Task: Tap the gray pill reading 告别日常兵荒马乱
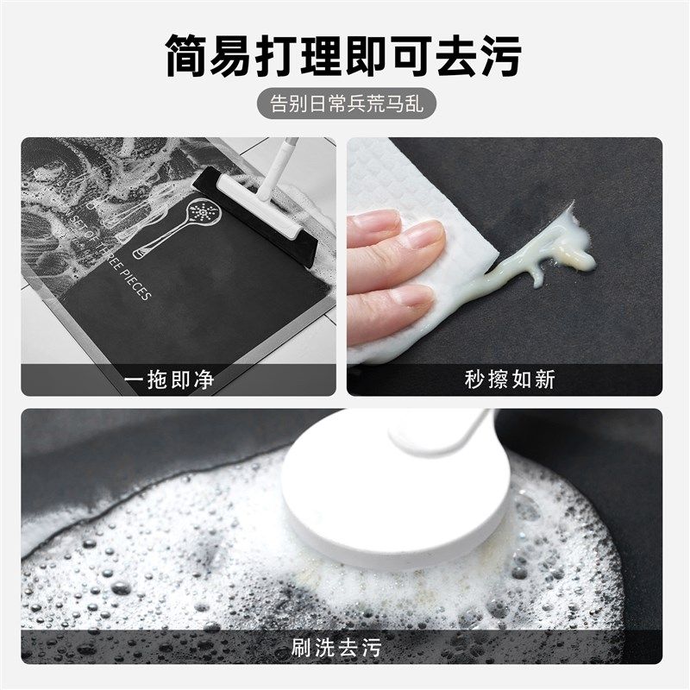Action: [344, 104]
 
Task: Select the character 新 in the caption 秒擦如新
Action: [544, 379]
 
